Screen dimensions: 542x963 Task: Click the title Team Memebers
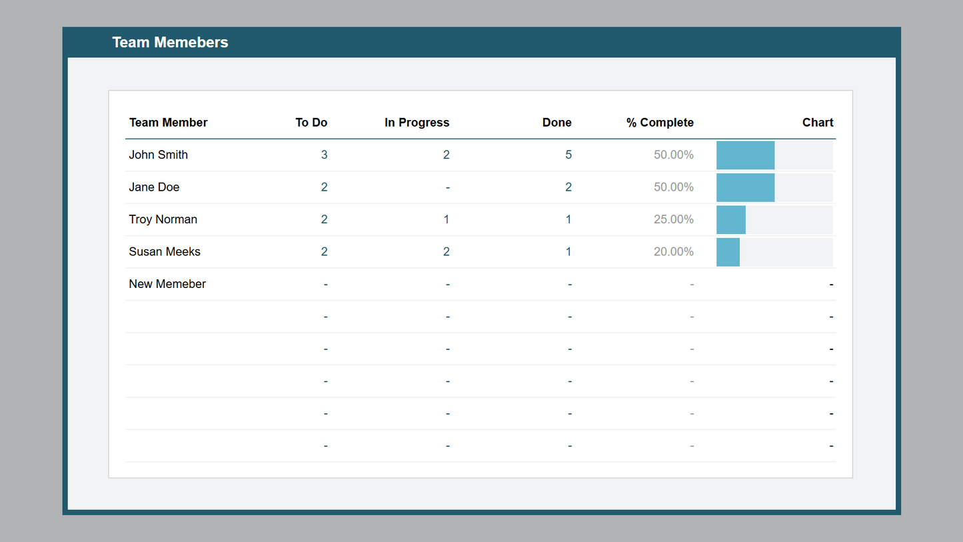click(170, 42)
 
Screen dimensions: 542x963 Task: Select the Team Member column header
click(168, 123)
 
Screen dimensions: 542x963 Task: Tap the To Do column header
click(311, 123)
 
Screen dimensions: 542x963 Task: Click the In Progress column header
click(417, 123)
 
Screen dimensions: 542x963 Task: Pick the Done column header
click(556, 123)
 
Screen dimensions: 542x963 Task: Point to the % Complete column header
click(660, 123)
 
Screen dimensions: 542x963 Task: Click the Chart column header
click(818, 123)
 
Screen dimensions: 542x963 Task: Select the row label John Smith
click(159, 155)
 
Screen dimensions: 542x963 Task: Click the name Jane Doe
click(154, 187)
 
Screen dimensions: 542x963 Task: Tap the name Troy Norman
click(163, 219)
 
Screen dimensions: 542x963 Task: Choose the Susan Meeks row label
click(165, 252)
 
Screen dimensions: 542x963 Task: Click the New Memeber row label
click(167, 284)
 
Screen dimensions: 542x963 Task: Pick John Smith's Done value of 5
click(568, 155)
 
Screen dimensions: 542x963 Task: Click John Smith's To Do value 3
click(324, 155)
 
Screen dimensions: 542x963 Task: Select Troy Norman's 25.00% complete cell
click(673, 219)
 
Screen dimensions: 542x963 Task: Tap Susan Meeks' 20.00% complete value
click(673, 252)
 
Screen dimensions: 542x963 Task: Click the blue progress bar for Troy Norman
click(731, 220)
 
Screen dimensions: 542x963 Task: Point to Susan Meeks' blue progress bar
click(728, 252)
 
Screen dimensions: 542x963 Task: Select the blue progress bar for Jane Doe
click(745, 187)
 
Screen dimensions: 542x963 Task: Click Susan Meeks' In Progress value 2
click(446, 252)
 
